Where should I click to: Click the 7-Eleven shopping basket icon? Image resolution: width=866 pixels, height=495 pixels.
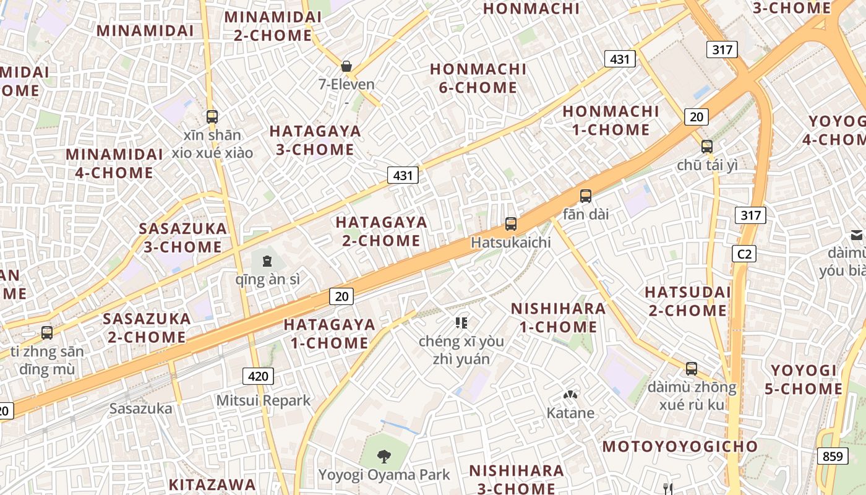346,66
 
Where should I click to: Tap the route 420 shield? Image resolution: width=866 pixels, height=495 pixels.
258,376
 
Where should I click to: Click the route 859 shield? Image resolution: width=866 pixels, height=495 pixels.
833,457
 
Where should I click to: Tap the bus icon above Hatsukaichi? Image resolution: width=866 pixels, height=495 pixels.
511,224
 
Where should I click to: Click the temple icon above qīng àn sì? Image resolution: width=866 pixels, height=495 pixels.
267,261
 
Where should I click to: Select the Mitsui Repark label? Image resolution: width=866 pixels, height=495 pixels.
263,401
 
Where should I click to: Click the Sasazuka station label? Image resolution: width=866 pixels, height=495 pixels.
140,408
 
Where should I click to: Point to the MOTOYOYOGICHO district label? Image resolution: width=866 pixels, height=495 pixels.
680,447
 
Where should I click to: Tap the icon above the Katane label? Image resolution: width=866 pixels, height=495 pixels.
570,395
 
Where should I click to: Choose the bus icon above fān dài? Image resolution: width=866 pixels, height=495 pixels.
586,196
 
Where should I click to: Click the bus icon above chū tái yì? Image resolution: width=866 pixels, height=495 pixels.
707,147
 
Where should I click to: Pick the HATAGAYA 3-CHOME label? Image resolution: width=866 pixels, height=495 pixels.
315,140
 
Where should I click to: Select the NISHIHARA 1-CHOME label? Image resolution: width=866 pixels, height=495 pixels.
558,317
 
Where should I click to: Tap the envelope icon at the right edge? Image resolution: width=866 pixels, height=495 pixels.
857,235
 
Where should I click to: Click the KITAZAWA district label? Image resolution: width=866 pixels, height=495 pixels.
212,484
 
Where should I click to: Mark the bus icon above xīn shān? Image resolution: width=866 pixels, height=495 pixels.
212,116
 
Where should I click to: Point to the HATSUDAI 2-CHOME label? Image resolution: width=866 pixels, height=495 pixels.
688,301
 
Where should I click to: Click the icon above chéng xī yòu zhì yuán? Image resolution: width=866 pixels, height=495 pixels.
461,322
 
